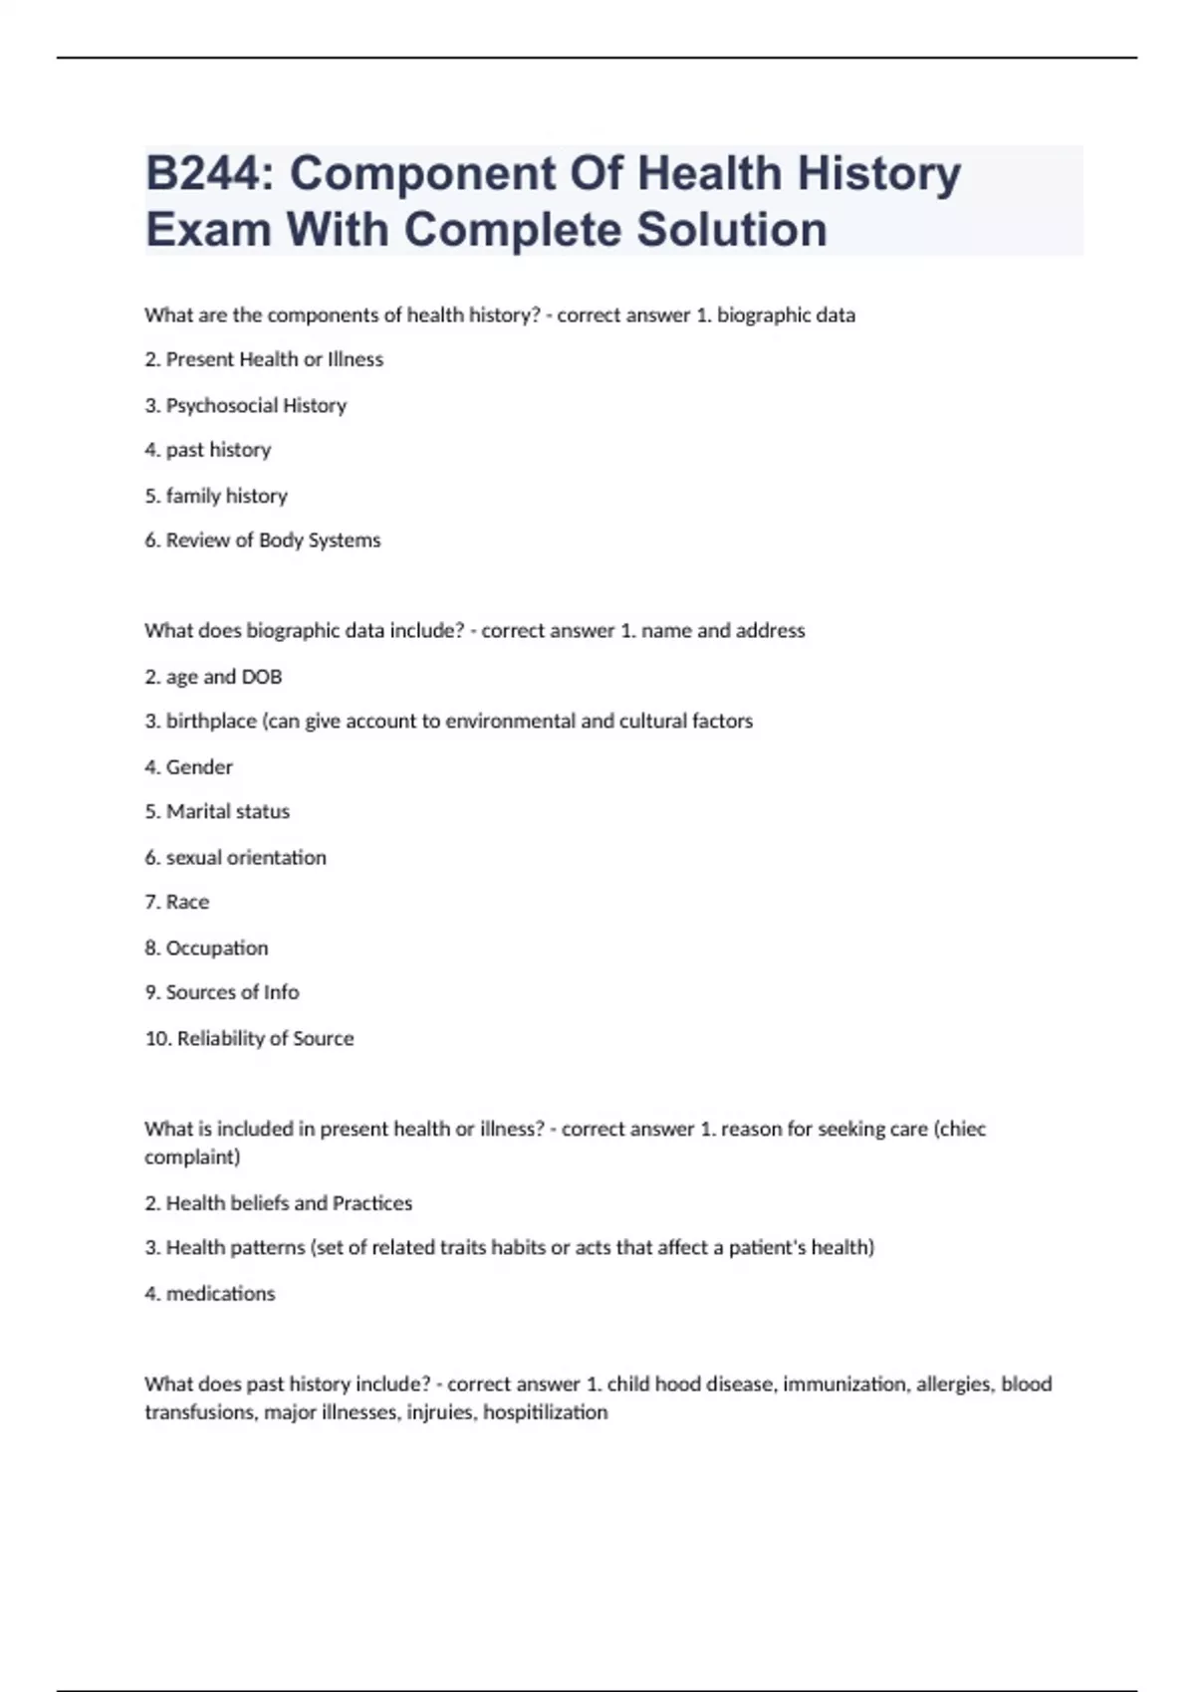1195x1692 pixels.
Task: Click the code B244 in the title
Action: [x=208, y=173]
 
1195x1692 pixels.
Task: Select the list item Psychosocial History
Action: [x=256, y=405]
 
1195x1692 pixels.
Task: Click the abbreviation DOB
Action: [x=262, y=677]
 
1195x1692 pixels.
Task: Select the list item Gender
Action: [x=199, y=766]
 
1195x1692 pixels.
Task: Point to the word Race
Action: [x=187, y=902]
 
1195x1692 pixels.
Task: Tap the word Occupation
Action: [x=217, y=948]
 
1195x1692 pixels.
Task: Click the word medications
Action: [x=220, y=1293]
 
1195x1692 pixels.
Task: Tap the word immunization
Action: [x=844, y=1383]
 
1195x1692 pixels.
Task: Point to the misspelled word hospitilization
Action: [x=546, y=1412]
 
